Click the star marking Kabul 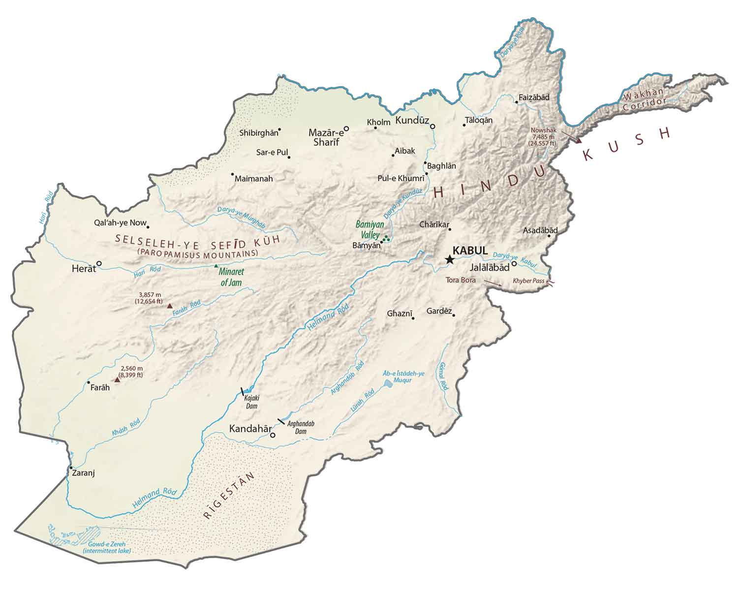click(449, 260)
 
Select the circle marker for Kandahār click(273, 435)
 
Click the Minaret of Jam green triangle click(215, 266)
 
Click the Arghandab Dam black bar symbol click(281, 421)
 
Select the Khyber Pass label click(528, 281)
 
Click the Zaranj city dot click(71, 467)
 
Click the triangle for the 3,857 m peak click(170, 306)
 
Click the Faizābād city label click(534, 97)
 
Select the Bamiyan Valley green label click(369, 229)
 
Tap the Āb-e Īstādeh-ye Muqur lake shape click(388, 382)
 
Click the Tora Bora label click(461, 280)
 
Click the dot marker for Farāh click(89, 382)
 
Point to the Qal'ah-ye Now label click(120, 223)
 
